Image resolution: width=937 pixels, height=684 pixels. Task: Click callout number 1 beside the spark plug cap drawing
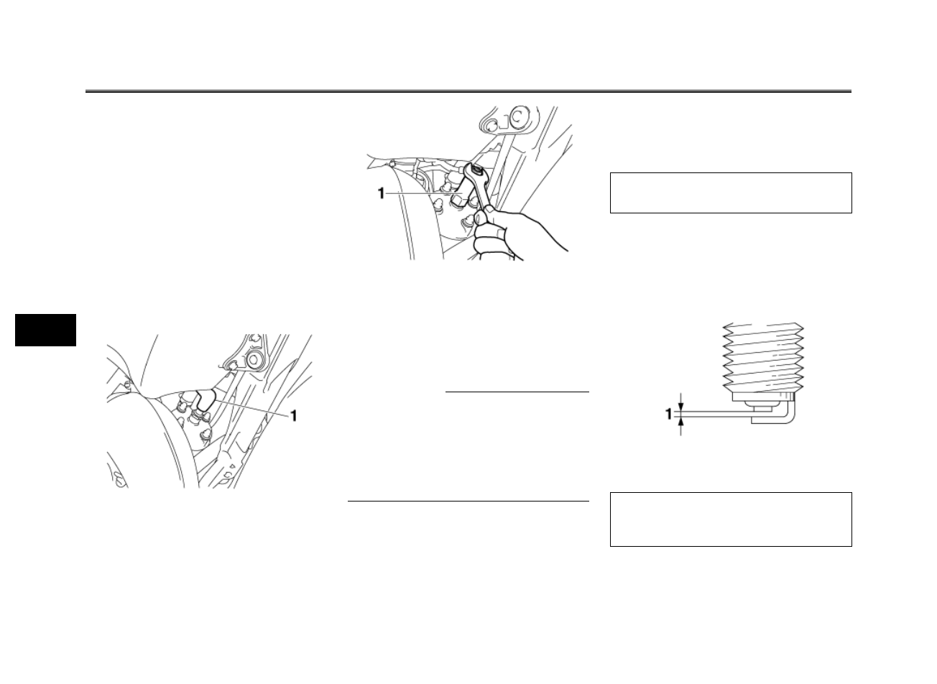click(293, 416)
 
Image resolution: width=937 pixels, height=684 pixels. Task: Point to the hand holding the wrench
click(503, 230)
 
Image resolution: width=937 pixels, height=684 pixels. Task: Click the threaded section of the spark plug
click(762, 356)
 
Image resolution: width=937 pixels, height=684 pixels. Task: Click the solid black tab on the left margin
click(45, 329)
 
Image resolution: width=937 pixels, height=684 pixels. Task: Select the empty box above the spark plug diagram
click(730, 193)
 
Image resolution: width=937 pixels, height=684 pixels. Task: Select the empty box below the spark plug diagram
click(730, 519)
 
